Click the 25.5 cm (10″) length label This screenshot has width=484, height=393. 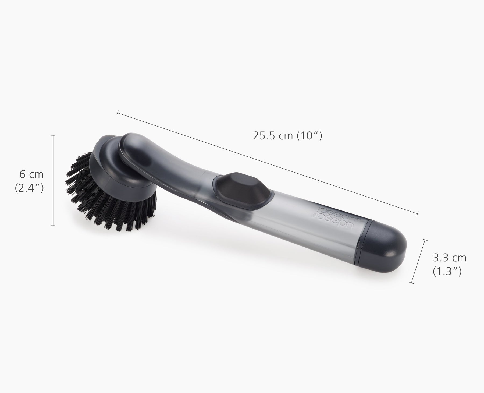point(287,136)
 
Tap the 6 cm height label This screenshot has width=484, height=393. point(31,174)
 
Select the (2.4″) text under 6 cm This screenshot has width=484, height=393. point(29,188)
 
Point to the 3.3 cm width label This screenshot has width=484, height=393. point(449,258)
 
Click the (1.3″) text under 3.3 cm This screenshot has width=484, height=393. point(447,272)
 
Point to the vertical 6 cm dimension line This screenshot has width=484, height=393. point(53,180)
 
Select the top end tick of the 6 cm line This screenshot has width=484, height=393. point(53,135)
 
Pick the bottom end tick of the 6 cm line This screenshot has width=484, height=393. point(53,225)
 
